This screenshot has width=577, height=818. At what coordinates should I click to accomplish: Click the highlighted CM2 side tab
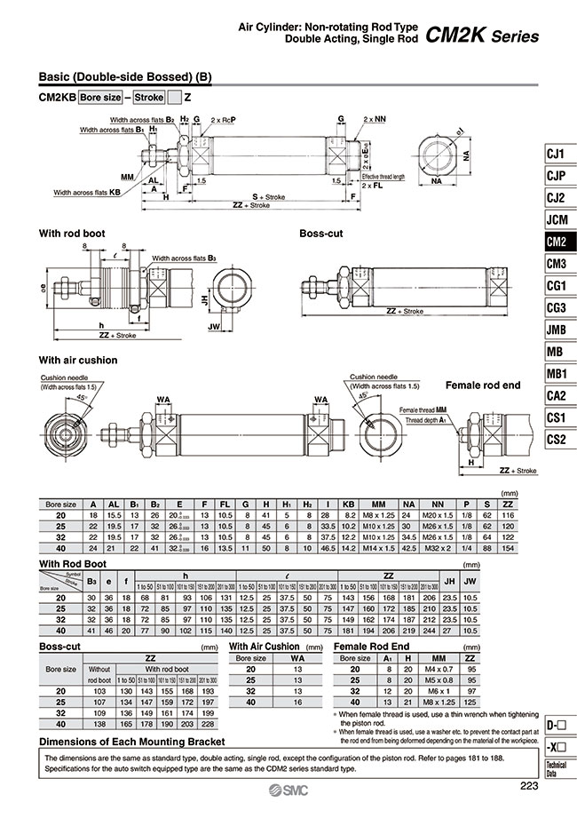coord(557,242)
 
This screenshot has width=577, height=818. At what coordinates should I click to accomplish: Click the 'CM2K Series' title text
coord(482,36)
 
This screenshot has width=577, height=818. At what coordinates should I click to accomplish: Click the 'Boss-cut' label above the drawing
coord(320,233)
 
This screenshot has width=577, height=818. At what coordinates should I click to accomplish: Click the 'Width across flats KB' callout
coord(88,191)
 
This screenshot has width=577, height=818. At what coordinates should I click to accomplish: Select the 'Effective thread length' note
coord(383,178)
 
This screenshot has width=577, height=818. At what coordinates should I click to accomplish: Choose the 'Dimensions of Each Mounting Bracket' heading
coord(132,741)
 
